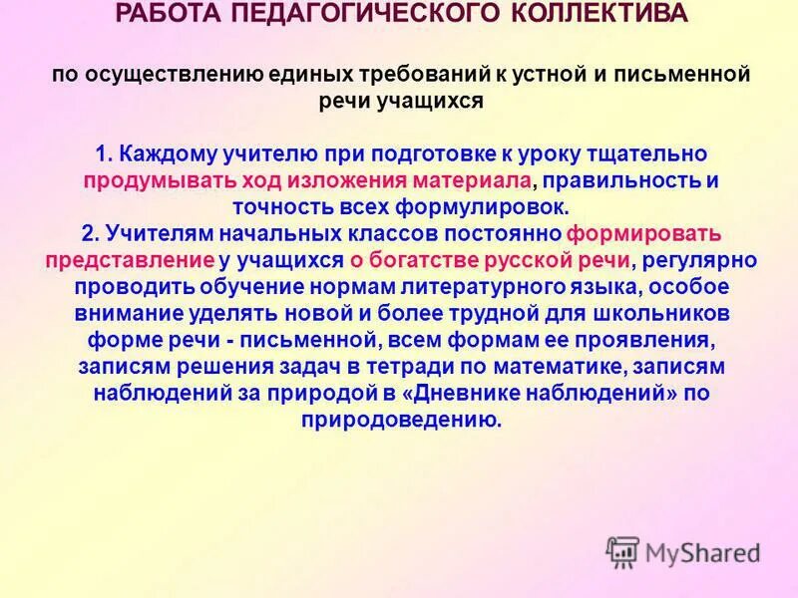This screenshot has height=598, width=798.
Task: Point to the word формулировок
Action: (x=467, y=206)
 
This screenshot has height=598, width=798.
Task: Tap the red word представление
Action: (x=130, y=259)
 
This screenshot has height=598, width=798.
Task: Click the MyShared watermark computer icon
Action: (x=623, y=550)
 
